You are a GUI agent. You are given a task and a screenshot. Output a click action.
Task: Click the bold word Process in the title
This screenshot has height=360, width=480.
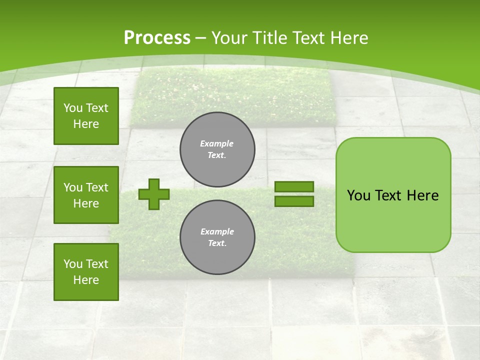[x=157, y=38]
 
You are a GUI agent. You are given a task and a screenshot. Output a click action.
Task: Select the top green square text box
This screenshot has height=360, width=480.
[x=86, y=116]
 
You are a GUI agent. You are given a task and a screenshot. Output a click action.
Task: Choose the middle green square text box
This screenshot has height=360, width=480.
[x=86, y=195]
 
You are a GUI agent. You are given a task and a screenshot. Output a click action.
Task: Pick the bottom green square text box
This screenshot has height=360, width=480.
[x=86, y=271]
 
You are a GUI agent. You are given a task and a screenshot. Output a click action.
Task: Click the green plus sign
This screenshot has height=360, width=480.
[x=154, y=194]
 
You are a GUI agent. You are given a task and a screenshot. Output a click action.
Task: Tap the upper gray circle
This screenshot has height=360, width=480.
[x=217, y=149]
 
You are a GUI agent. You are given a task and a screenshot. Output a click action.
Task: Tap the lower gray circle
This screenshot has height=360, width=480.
[x=217, y=237]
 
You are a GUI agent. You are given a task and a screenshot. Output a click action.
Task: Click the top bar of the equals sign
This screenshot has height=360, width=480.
[x=294, y=186]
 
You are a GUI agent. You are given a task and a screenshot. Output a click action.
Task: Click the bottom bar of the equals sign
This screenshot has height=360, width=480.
[x=294, y=201]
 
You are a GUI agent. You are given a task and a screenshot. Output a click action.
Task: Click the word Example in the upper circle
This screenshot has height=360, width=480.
[x=217, y=143]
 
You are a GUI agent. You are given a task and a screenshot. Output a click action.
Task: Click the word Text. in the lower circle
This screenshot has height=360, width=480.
[x=217, y=243]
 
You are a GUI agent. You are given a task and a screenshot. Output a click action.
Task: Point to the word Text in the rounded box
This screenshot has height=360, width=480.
[x=389, y=195]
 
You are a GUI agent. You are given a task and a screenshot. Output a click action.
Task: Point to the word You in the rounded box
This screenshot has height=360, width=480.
[x=358, y=195]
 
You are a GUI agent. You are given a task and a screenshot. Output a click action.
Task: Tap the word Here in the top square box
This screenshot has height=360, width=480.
[x=86, y=124]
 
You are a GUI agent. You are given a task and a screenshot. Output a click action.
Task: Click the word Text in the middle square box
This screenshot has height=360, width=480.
[x=97, y=187]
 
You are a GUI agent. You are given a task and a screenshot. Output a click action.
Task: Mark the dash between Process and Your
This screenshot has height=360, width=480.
[x=201, y=38]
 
